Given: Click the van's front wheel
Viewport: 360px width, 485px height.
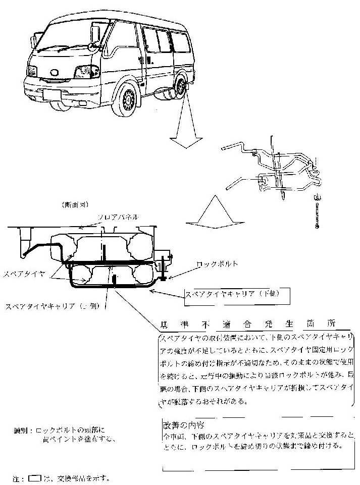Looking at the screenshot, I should tap(127, 99).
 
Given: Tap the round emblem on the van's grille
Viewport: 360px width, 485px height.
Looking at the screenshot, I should tap(53, 75).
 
